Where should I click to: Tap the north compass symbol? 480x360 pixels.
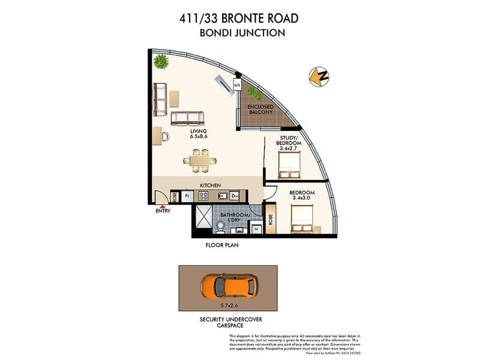pyautogui.click(x=318, y=76)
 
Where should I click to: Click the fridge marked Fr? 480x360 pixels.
pyautogui.click(x=187, y=196)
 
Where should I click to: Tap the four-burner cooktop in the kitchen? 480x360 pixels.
pyautogui.click(x=203, y=196)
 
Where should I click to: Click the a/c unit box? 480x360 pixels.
pyautogui.click(x=238, y=86)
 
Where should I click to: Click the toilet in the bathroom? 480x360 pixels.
pyautogui.click(x=221, y=226)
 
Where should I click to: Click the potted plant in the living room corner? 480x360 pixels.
pyautogui.click(x=161, y=61)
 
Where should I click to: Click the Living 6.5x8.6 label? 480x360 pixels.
pyautogui.click(x=198, y=134)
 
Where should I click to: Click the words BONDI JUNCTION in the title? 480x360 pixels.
pyautogui.click(x=242, y=33)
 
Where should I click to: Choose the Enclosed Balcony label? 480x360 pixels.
pyautogui.click(x=260, y=109)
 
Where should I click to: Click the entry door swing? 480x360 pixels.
pyautogui.click(x=159, y=197)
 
